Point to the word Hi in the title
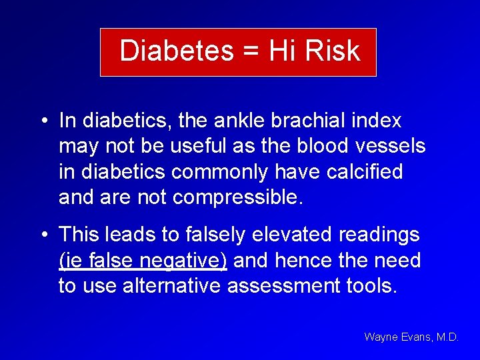283,51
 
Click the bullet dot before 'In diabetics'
42,121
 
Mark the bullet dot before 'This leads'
42,235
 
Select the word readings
380,235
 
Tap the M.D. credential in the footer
447,337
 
